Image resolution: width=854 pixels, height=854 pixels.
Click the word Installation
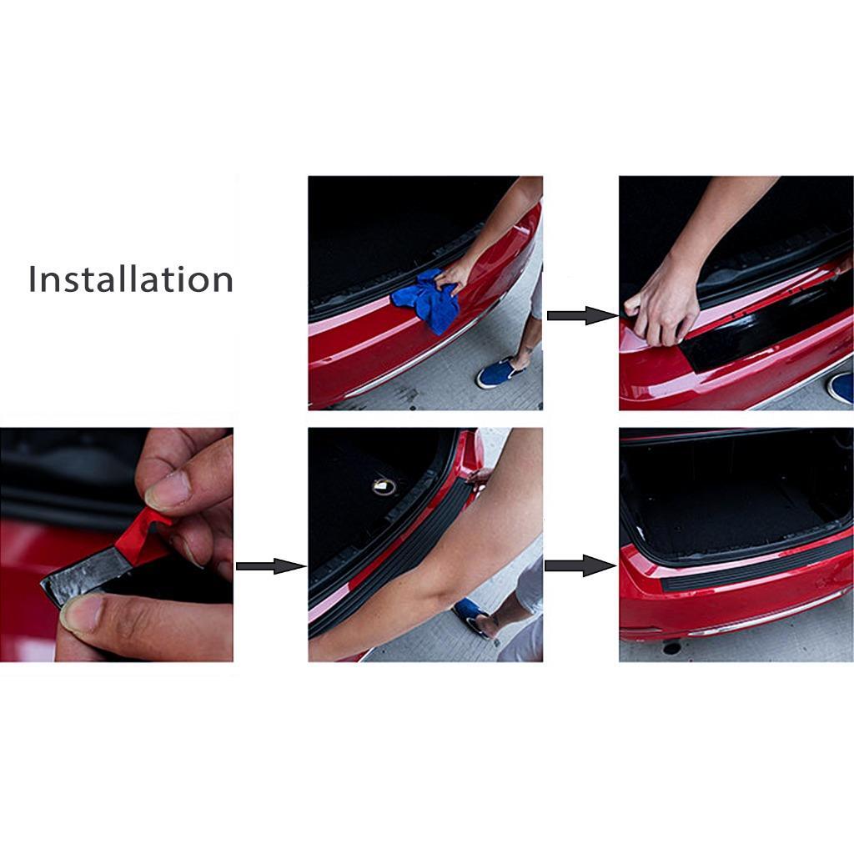click(x=131, y=279)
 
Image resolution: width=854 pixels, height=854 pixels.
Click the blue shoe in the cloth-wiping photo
click(x=498, y=373)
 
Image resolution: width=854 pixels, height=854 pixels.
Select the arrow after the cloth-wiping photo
click(x=581, y=315)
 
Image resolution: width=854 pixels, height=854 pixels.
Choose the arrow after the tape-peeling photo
click(x=270, y=566)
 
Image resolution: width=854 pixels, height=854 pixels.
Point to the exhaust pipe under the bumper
click(x=671, y=647)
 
